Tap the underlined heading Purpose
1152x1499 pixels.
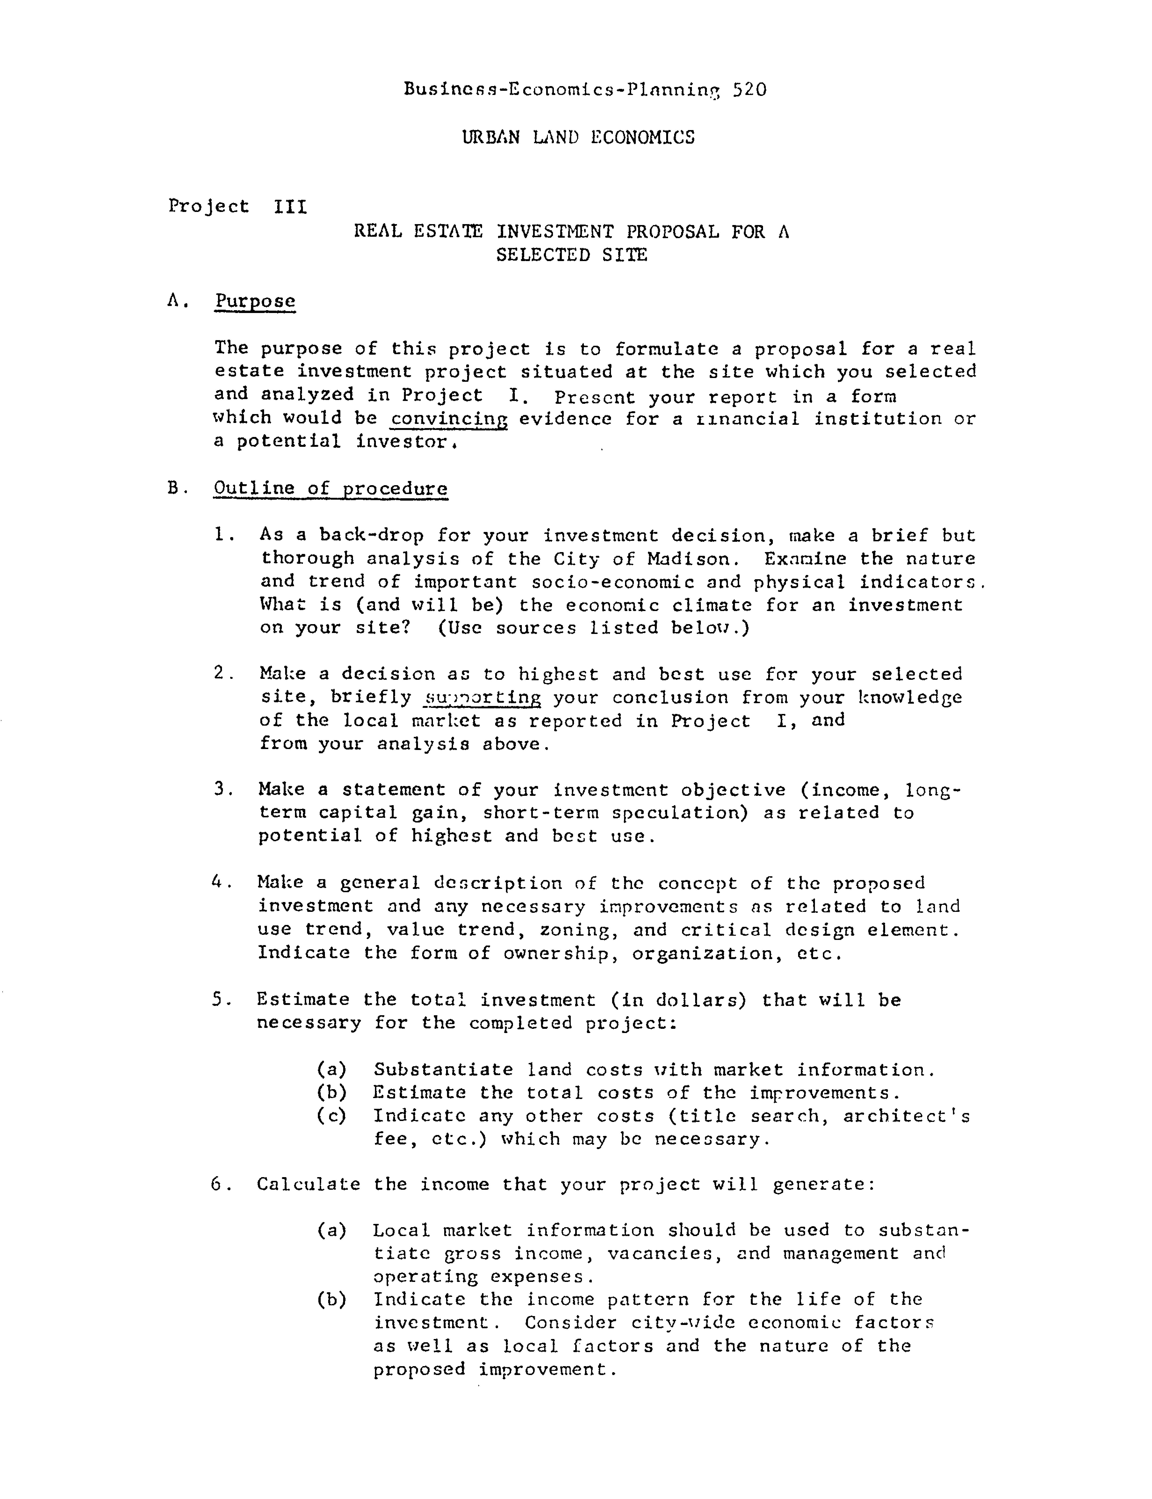[x=255, y=301]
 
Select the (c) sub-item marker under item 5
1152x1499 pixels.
[x=332, y=1116]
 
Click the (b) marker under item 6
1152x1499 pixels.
[x=332, y=1299]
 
